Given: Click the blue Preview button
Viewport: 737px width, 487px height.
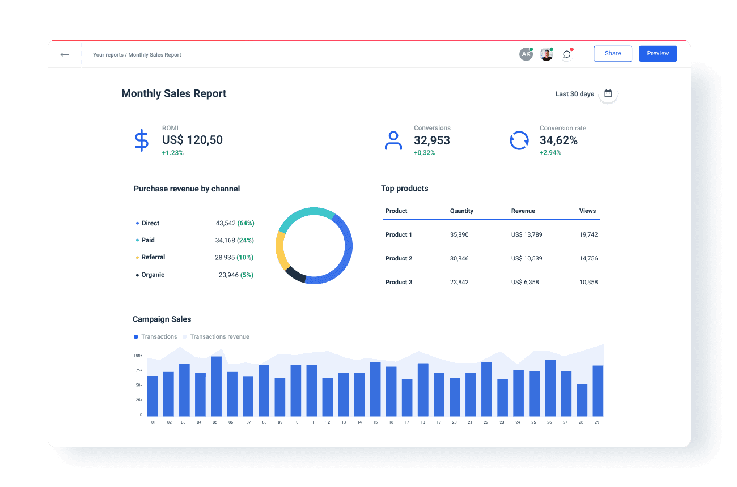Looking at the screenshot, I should (x=658, y=54).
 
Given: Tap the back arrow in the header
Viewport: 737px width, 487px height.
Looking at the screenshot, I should (x=65, y=55).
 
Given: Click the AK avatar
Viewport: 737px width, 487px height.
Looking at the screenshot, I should (x=526, y=54).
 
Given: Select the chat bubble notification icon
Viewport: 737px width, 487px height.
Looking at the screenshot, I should (x=566, y=54).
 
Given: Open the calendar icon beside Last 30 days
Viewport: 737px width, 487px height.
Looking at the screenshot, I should (x=608, y=94).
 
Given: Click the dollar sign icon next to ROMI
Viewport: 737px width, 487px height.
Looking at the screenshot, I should (x=141, y=140).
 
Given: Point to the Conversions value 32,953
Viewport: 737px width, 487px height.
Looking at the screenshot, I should (x=431, y=140).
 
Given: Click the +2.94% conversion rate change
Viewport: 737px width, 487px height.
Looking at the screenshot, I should (x=550, y=153).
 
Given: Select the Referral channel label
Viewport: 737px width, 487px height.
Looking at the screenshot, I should (x=153, y=257).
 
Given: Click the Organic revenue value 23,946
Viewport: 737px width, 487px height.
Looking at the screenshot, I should (x=228, y=275).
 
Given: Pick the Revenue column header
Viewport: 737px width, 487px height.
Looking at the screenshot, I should (x=523, y=211).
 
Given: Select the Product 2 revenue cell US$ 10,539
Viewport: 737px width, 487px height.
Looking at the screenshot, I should (x=526, y=258).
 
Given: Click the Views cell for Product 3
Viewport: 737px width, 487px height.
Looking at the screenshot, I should (x=588, y=282).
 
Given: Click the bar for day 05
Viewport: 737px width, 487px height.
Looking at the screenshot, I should (x=216, y=386).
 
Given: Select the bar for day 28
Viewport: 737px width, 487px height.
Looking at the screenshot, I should (x=582, y=400).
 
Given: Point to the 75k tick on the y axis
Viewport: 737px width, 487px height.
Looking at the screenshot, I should (x=138, y=370).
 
